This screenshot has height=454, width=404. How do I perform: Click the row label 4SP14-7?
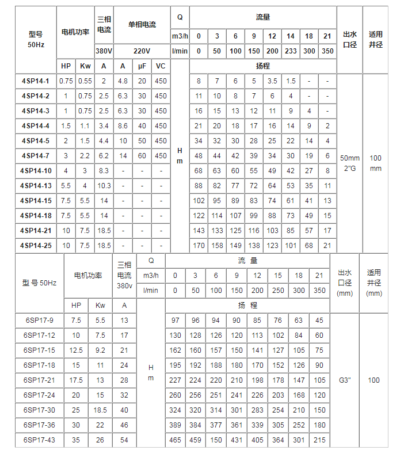point(36,156)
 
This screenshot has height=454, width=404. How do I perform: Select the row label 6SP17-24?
point(40,395)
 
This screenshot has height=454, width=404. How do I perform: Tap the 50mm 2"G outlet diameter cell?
point(350,163)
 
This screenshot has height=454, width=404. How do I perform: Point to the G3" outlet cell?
point(345,380)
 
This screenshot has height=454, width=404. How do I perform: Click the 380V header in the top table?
point(104,51)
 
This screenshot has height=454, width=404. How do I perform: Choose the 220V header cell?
point(142,51)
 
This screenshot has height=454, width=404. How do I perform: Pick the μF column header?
point(142,66)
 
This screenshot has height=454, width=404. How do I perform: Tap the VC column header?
point(161,66)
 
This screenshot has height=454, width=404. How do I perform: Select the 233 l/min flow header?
point(291,51)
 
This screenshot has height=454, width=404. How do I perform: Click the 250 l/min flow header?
point(278,291)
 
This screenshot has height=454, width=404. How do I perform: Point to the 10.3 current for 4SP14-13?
point(104,186)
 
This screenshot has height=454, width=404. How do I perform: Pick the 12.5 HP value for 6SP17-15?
point(77,350)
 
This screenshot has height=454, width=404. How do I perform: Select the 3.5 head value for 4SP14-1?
point(272,81)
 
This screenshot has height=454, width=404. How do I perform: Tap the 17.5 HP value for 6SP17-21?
point(77,380)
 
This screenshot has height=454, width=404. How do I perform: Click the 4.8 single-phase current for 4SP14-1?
point(123,81)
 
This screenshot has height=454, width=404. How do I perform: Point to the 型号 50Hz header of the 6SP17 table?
point(40,283)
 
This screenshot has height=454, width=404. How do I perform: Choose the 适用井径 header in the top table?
point(376,40)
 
